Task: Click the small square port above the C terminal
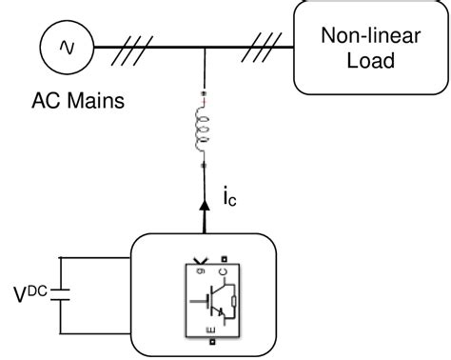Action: pos(222,256)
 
